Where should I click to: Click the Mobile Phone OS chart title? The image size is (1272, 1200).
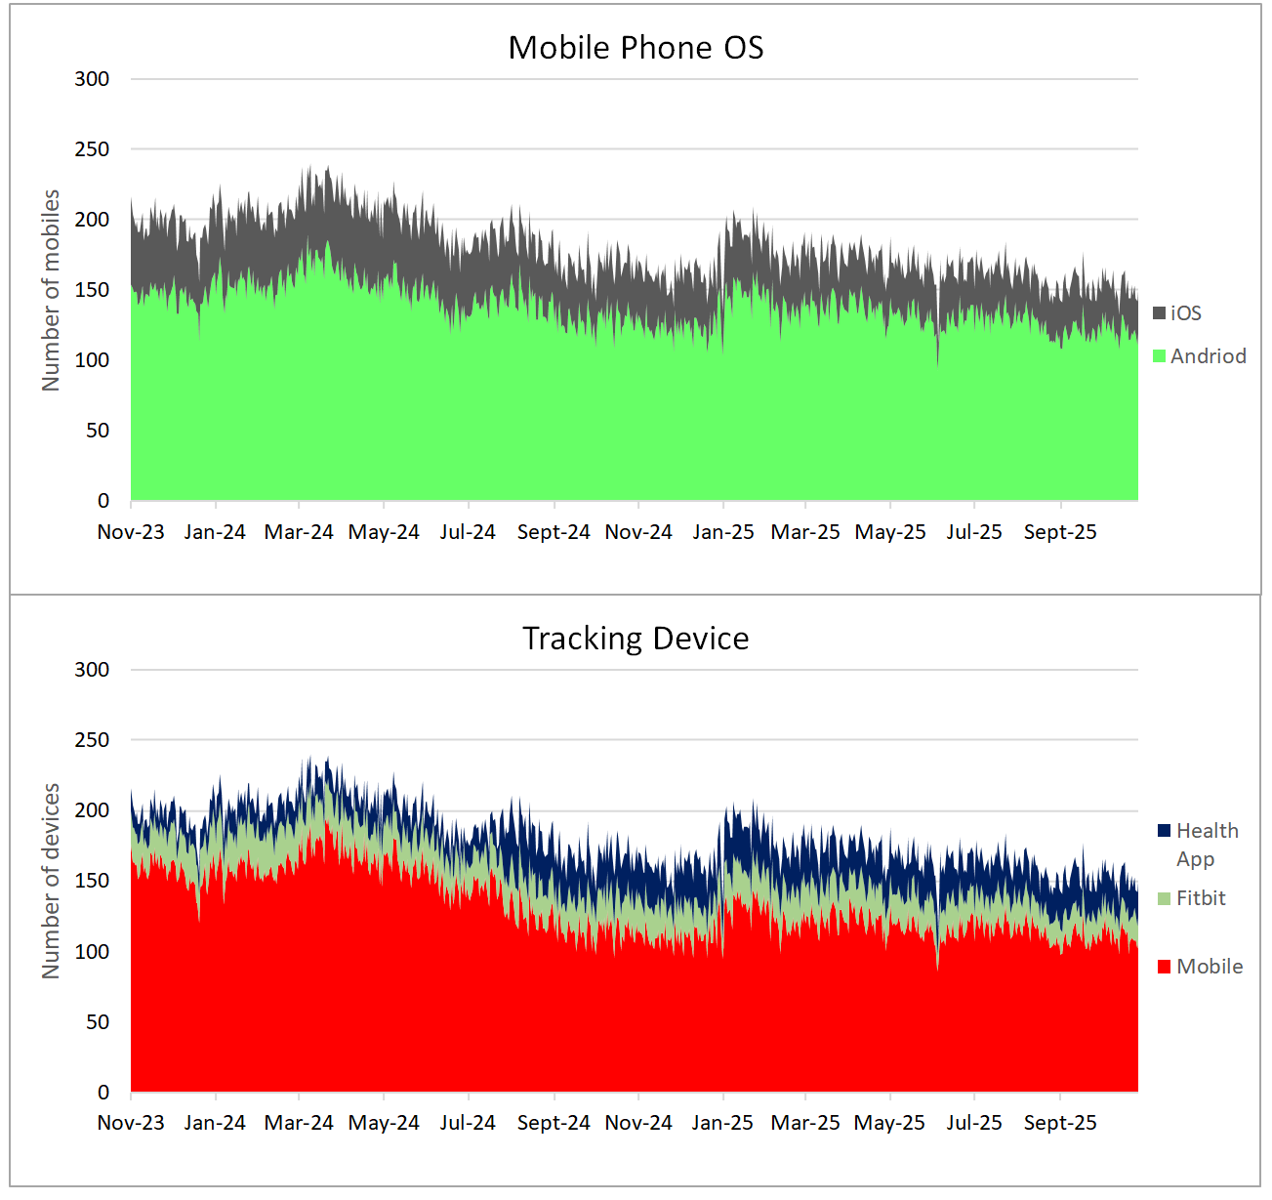tap(636, 48)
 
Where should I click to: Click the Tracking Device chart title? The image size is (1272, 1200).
tap(636, 639)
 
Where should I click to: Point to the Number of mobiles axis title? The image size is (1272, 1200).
tap(51, 290)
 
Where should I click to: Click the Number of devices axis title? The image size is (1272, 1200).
tap(51, 881)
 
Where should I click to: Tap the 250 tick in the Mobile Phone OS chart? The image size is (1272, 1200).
tap(92, 149)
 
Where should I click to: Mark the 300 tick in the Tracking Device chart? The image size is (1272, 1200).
tap(92, 670)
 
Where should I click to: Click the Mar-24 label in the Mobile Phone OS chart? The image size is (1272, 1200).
tap(299, 532)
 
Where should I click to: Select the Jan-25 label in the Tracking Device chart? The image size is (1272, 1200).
tap(722, 1123)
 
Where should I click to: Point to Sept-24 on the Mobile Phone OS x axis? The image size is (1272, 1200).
tap(554, 532)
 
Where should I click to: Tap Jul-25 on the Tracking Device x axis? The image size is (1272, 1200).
tap(974, 1123)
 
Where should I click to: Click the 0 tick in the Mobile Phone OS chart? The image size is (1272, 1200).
tap(103, 501)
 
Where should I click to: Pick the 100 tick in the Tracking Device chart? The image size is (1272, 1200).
tap(92, 952)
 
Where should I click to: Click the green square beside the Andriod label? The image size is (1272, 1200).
tap(1160, 356)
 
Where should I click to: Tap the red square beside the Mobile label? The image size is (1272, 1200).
tap(1164, 967)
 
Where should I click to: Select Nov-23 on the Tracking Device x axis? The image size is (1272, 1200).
tap(131, 1123)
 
